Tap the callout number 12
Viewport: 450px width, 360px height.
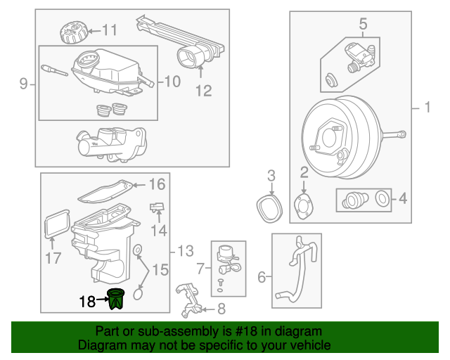pos(202,90)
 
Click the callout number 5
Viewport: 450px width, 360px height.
pos(364,25)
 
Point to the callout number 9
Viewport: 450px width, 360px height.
pos(23,85)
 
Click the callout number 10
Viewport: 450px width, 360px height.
pos(173,82)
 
